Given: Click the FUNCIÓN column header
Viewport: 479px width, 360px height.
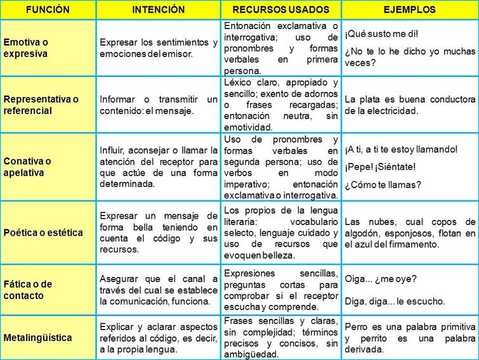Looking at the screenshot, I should [47, 10].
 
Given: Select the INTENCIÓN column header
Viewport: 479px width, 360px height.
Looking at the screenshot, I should [158, 10].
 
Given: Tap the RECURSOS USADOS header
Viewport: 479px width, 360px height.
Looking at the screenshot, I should [281, 10].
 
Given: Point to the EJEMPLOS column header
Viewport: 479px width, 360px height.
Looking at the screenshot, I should [409, 10].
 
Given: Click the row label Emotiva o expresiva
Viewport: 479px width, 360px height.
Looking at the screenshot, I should [35, 48].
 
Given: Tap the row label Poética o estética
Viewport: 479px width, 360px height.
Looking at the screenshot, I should [43, 233].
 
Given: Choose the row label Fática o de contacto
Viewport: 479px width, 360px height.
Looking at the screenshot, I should [32, 290].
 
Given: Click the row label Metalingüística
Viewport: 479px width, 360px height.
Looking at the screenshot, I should [37, 338].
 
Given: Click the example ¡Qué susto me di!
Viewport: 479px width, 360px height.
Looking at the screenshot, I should [382, 34].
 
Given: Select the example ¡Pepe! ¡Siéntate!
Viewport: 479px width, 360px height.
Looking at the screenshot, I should [381, 167].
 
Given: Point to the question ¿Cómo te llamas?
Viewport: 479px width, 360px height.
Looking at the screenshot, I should [383, 185].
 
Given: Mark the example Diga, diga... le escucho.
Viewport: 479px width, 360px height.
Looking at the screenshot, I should [395, 302].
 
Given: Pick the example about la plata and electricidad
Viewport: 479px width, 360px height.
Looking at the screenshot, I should [410, 105].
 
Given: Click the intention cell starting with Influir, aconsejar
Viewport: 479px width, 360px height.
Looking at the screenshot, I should [159, 167].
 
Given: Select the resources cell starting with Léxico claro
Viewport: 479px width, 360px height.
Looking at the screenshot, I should [282, 105].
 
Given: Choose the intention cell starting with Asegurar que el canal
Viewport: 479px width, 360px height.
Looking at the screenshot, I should [159, 290].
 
